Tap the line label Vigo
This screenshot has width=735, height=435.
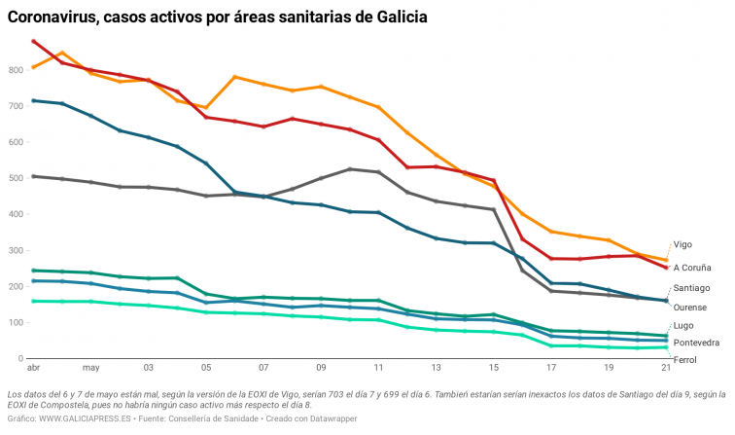pyautogui.click(x=684, y=244)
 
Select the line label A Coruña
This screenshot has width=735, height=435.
pyautogui.click(x=692, y=267)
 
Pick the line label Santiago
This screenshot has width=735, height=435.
pyautogui.click(x=691, y=288)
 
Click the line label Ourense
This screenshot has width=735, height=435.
pyautogui.click(x=690, y=308)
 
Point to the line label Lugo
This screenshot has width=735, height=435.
pyautogui.click(x=682, y=325)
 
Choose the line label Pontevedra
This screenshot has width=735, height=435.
pyautogui.click(x=696, y=343)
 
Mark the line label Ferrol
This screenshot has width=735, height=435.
pyautogui.click(x=684, y=360)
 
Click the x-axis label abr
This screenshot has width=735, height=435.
pyautogui.click(x=33, y=369)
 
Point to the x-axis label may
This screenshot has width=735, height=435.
pyautogui.click(x=90, y=369)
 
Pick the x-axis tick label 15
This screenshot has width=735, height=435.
pyautogui.click(x=493, y=369)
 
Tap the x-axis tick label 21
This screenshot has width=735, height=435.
pyautogui.click(x=665, y=369)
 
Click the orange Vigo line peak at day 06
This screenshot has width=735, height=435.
pyautogui.click(x=234, y=77)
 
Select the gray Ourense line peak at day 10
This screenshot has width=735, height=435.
pyautogui.click(x=350, y=169)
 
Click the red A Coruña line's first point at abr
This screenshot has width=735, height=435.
pyautogui.click(x=34, y=41)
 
